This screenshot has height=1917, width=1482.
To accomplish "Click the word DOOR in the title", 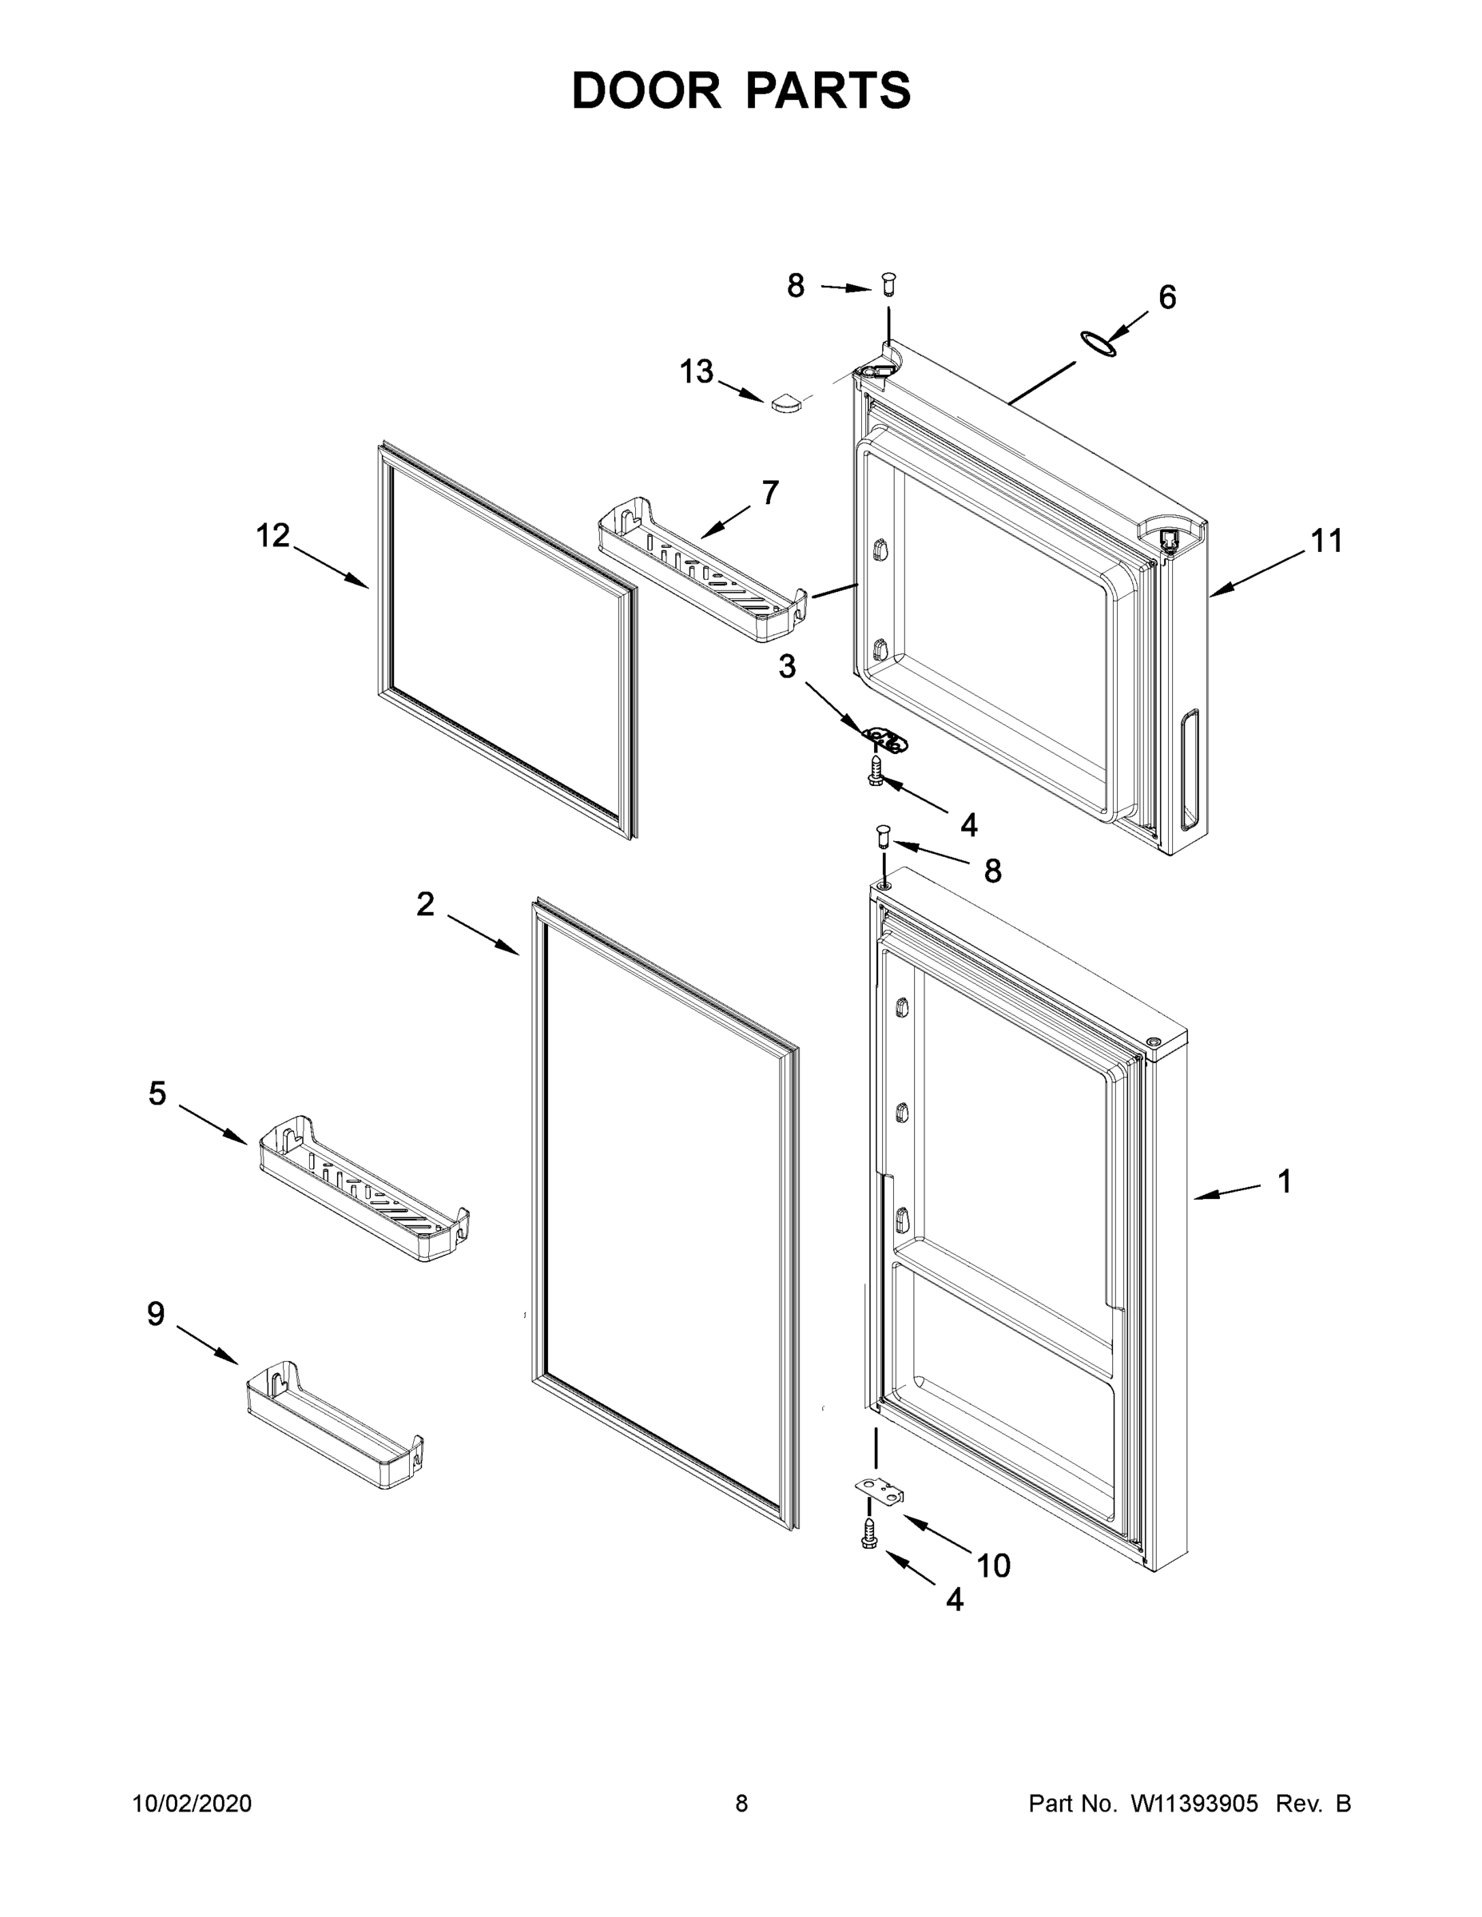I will (x=646, y=91).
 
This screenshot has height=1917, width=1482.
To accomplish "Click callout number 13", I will (x=696, y=372).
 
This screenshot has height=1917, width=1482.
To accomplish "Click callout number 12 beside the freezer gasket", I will (x=273, y=535).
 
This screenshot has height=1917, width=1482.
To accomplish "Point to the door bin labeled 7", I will (x=702, y=570).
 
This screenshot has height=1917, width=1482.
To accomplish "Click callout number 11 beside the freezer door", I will (x=1326, y=541).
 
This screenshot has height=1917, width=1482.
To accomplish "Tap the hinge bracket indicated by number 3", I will (x=884, y=740).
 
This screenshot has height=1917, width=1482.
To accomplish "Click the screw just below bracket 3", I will (x=876, y=772).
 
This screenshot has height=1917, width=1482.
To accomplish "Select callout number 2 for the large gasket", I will (x=425, y=904).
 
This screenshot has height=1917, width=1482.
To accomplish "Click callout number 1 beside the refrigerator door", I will (x=1285, y=1181).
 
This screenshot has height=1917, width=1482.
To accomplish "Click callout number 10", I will (x=994, y=1565).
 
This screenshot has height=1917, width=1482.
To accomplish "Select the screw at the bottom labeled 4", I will (x=870, y=1534).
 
